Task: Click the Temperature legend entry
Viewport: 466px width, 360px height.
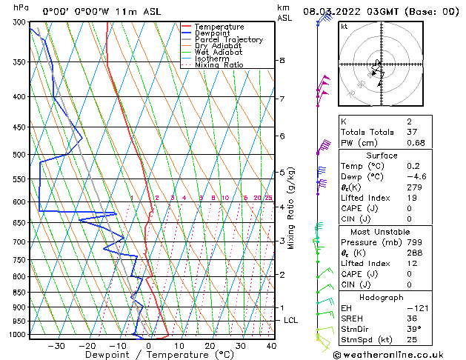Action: tap(220, 27)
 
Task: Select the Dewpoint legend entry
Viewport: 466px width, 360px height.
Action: tap(214, 33)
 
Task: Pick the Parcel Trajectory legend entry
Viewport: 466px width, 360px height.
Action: tap(228, 40)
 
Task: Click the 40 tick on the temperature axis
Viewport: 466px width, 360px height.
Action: tap(271, 346)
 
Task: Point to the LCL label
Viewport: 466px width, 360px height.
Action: tap(291, 320)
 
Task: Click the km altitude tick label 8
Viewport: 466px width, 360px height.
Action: tap(282, 60)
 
